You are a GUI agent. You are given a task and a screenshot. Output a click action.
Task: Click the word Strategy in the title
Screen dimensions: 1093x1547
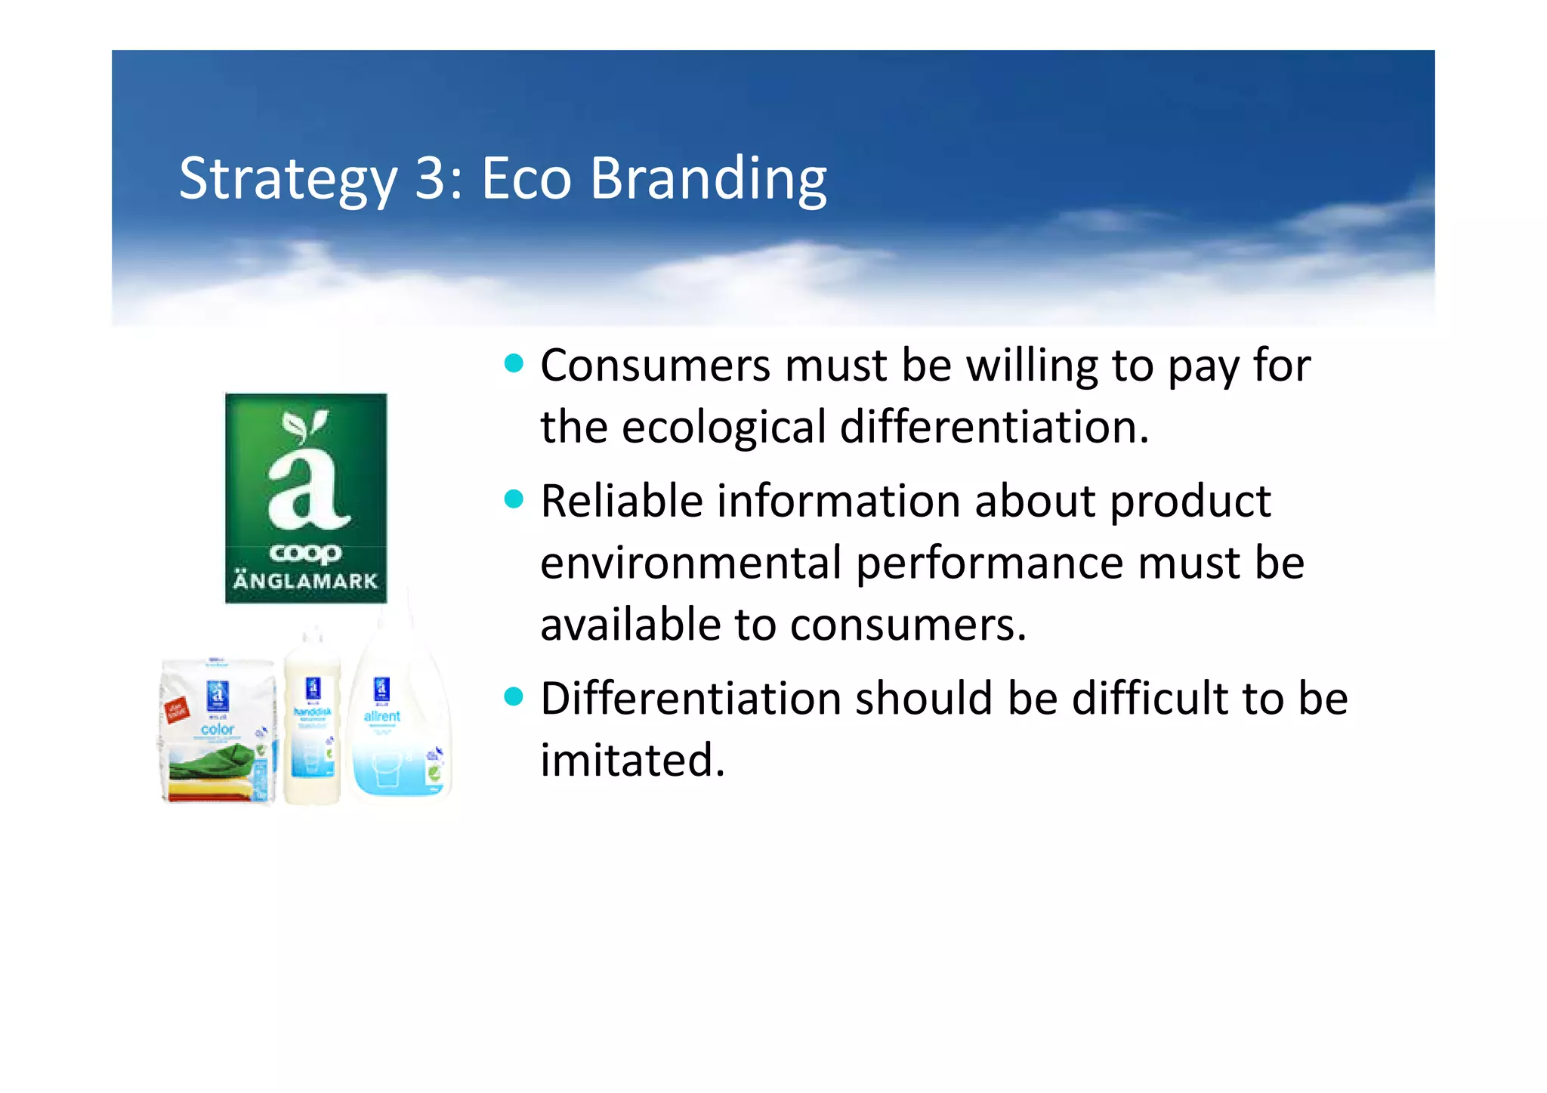[287, 179]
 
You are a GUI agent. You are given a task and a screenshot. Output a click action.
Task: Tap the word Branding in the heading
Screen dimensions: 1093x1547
[708, 179]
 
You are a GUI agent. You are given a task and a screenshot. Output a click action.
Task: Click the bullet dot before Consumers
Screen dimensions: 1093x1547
[514, 364]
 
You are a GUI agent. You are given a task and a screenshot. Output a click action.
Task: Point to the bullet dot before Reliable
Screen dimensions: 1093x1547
[514, 499]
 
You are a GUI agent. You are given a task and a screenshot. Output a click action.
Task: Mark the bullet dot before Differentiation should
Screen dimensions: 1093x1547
[514, 696]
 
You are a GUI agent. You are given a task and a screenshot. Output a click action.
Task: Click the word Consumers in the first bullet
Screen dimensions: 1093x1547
[655, 366]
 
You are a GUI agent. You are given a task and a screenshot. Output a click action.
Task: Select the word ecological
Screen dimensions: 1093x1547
[724, 428]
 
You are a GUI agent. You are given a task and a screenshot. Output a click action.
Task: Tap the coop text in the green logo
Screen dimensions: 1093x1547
[305, 554]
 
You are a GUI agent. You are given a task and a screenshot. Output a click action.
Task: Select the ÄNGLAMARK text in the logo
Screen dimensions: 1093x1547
[305, 581]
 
